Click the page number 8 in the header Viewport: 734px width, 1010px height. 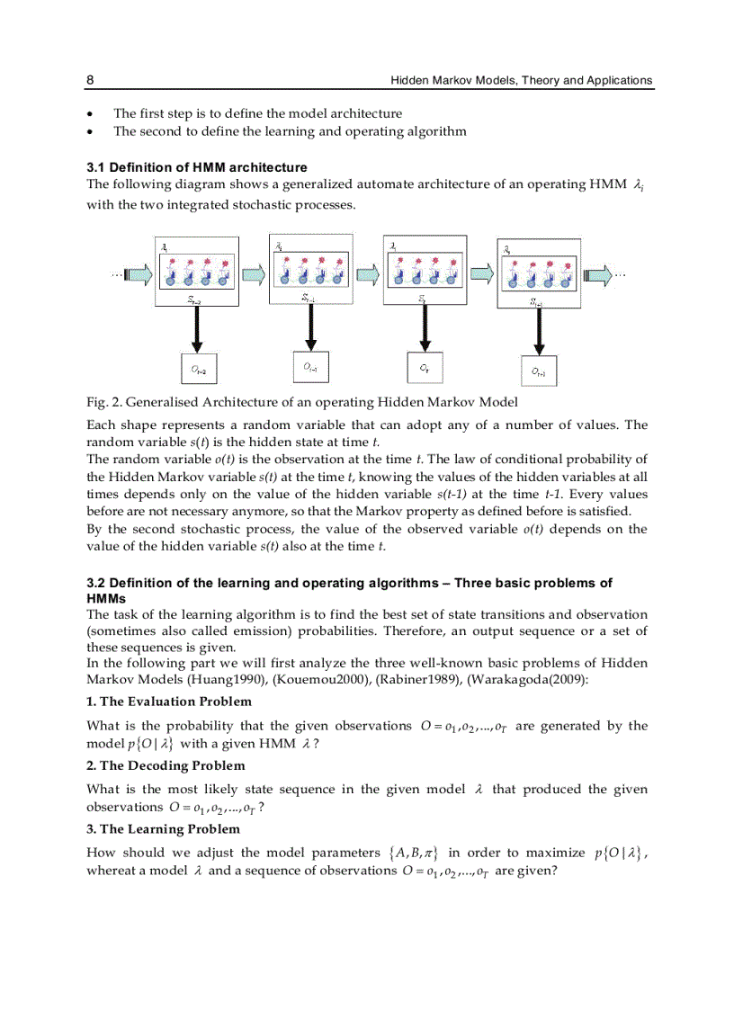coord(90,80)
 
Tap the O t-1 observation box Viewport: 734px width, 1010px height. coord(310,366)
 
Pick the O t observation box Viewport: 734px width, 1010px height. coord(424,367)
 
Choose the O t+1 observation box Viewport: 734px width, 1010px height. coord(538,371)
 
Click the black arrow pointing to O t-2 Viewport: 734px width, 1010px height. coord(197,332)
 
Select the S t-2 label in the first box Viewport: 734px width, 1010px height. coord(195,301)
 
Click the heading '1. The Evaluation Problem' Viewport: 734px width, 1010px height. coord(169,702)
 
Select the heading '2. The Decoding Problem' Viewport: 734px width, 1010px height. coord(166,765)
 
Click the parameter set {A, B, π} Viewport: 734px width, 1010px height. coord(407,854)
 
